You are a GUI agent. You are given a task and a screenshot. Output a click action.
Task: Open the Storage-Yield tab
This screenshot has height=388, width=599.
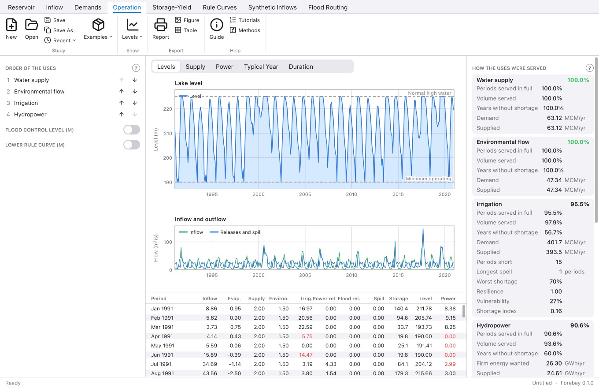[172, 7]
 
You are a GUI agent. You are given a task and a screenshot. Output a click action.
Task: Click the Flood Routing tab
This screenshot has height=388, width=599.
[328, 7]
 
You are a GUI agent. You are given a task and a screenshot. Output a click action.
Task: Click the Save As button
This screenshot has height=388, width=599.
[59, 30]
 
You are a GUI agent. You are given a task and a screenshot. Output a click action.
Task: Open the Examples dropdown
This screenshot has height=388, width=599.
[98, 29]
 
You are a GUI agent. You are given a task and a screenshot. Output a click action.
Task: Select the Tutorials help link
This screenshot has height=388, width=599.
[245, 20]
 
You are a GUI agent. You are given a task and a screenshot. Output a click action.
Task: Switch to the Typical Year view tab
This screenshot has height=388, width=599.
[261, 67]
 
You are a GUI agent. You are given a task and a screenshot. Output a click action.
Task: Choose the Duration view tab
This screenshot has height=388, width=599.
[301, 67]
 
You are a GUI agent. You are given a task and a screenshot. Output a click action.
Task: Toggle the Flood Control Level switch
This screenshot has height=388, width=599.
[132, 130]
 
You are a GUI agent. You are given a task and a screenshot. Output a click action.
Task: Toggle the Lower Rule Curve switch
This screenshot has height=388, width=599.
[132, 145]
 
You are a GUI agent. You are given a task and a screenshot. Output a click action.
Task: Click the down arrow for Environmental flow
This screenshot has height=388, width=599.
[135, 91]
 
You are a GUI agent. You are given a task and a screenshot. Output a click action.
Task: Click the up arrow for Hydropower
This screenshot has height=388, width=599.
[122, 114]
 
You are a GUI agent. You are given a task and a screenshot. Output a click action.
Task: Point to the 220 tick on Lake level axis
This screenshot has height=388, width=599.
[167, 109]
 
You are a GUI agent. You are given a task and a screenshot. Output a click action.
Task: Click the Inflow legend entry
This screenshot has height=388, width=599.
[191, 232]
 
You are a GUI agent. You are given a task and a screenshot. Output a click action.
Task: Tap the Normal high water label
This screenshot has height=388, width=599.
[429, 93]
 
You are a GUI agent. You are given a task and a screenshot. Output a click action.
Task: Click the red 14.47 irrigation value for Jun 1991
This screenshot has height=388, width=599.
[306, 354]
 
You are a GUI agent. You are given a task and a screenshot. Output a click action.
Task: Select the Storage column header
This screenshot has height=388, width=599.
[399, 298]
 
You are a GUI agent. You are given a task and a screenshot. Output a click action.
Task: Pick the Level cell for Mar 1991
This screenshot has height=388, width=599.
[423, 327]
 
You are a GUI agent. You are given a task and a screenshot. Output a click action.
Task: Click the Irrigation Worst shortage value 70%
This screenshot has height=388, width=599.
[555, 281]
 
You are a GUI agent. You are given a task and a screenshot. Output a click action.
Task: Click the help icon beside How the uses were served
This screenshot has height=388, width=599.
[589, 68]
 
